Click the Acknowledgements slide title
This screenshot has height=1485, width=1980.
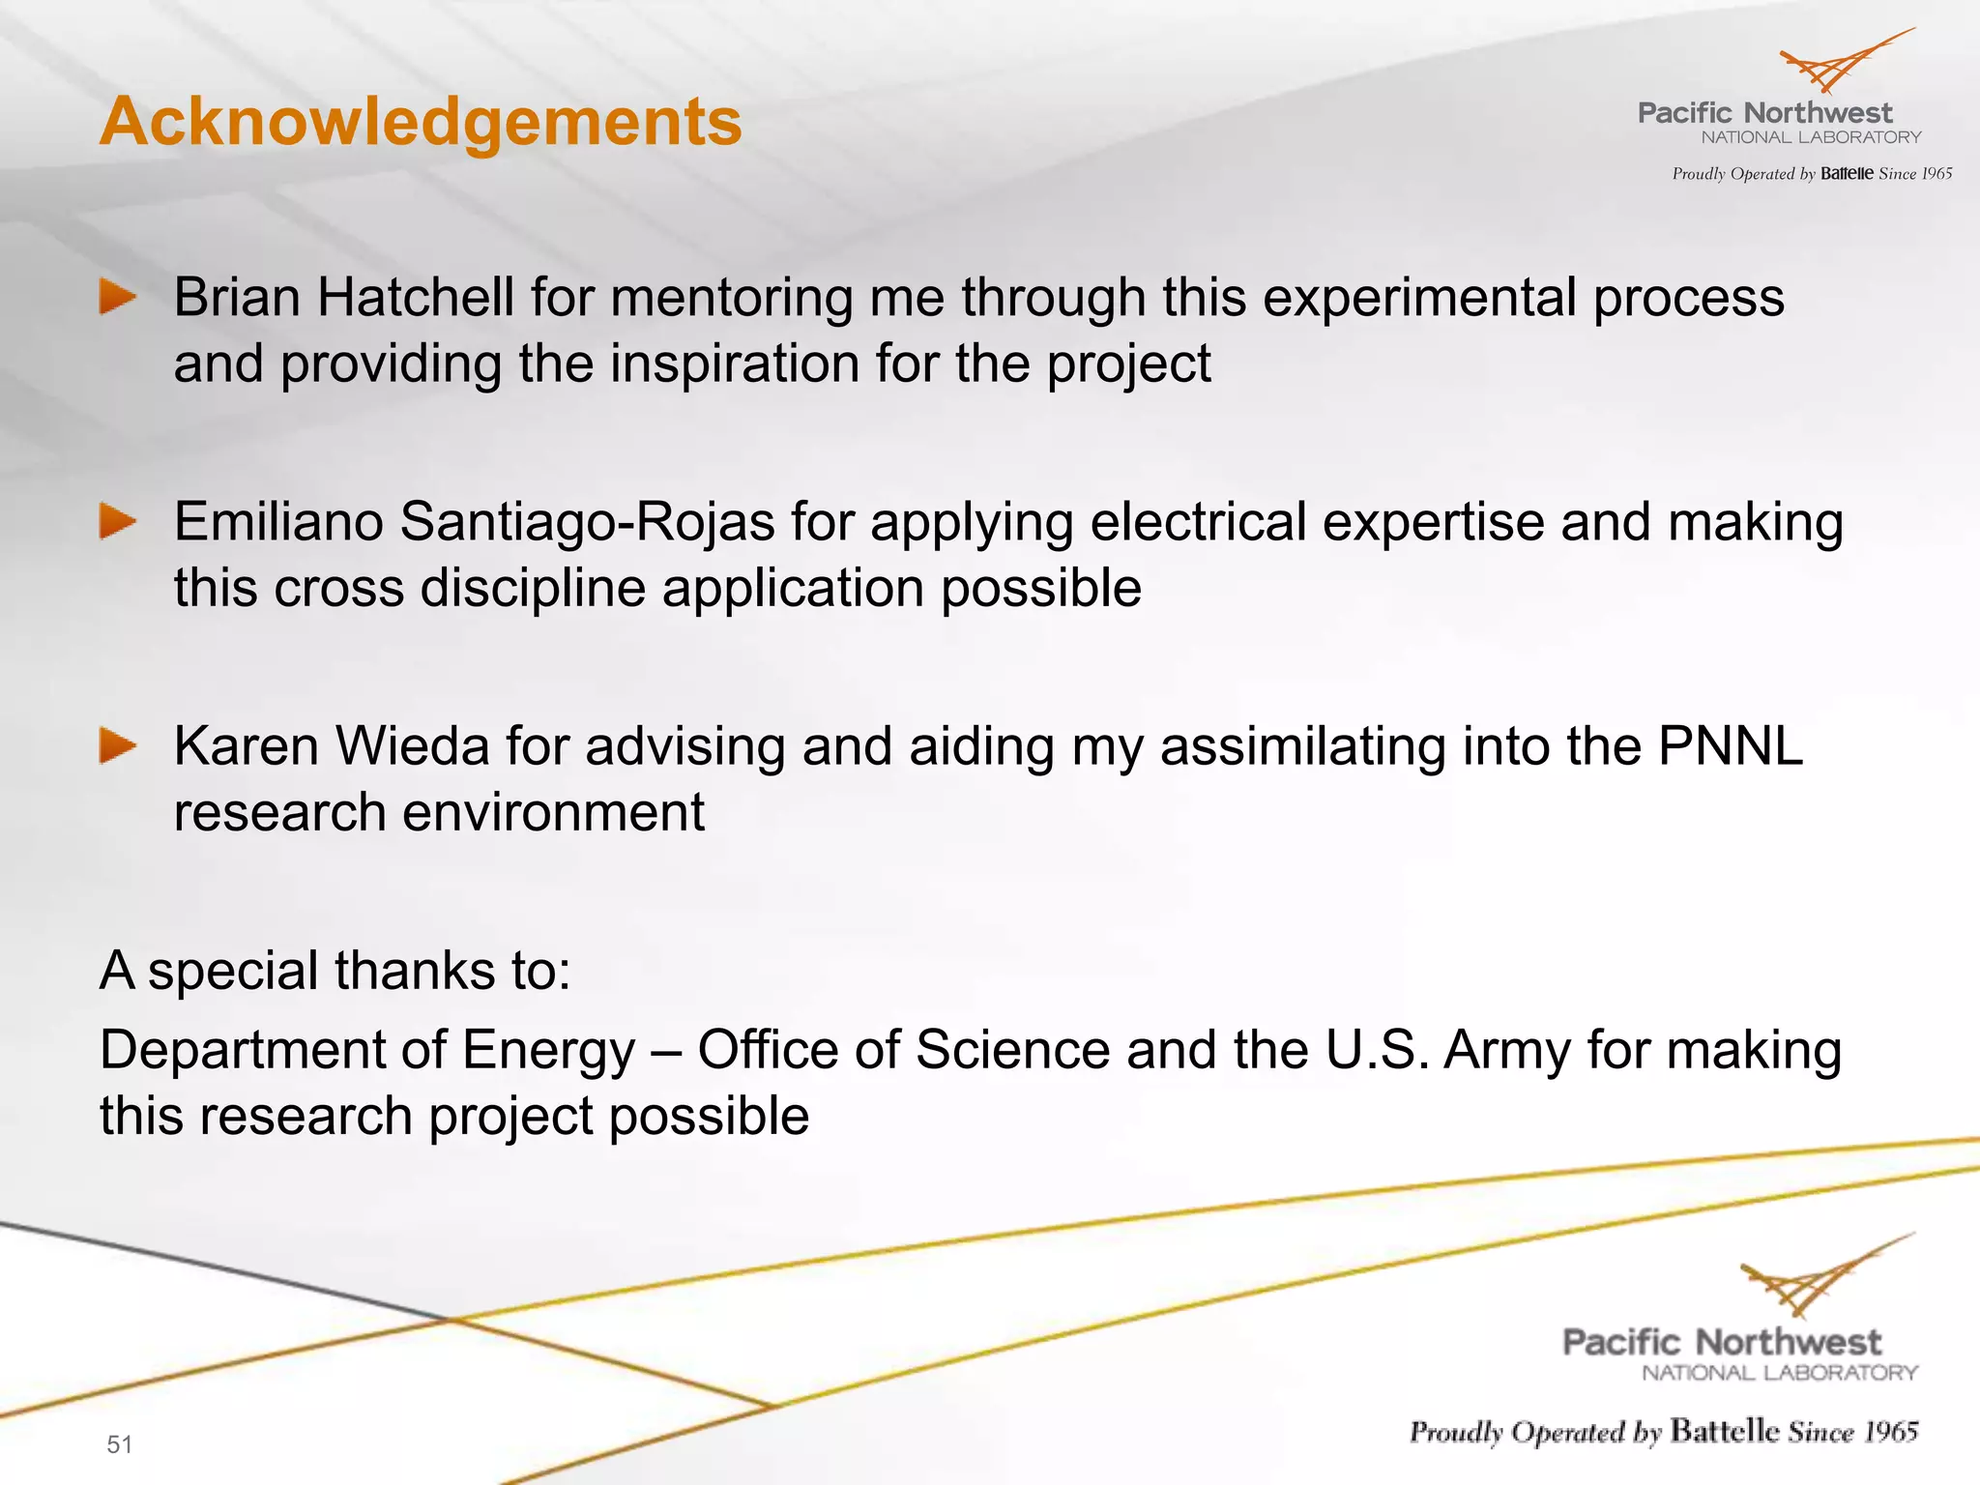[x=421, y=122]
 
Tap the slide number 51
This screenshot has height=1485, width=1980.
[x=119, y=1444]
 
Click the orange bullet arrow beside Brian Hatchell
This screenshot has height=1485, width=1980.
[x=118, y=297]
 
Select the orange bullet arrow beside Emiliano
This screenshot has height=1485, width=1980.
[x=118, y=522]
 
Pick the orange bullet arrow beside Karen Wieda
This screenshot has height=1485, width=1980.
[x=118, y=746]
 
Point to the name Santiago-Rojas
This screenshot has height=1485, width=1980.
[x=587, y=522]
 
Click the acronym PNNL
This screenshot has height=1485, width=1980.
[x=1730, y=746]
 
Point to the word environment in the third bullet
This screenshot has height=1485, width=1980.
[x=553, y=812]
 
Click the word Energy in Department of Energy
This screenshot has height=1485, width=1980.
[x=548, y=1052]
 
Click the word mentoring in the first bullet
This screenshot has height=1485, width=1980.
[x=732, y=299]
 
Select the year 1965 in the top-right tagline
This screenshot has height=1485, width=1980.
[x=1936, y=174]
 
